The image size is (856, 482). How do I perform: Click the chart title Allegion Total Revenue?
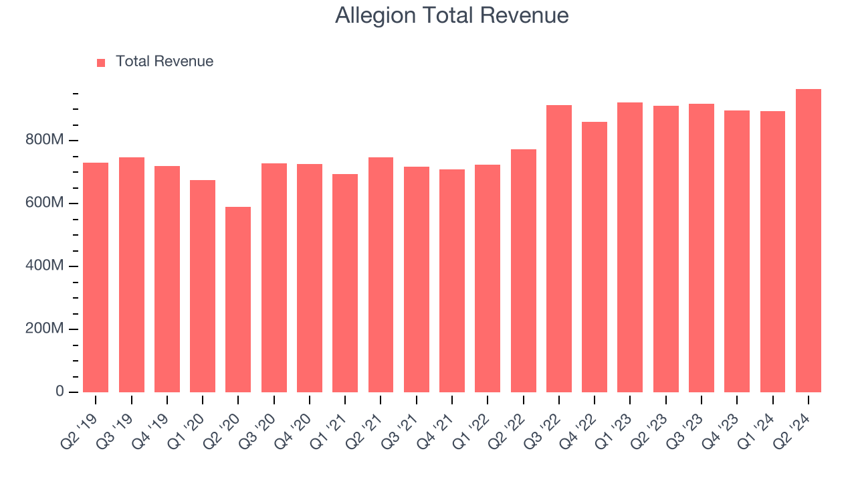pyautogui.click(x=451, y=15)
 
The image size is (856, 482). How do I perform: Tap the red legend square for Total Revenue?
pyautogui.click(x=101, y=62)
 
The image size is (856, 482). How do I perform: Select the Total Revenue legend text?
pyautogui.click(x=164, y=62)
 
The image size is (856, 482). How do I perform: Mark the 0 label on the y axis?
pyautogui.click(x=60, y=392)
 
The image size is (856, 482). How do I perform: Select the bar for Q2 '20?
pyautogui.click(x=238, y=299)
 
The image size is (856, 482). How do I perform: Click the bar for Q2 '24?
pyautogui.click(x=809, y=240)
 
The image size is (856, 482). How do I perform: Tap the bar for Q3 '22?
pyautogui.click(x=559, y=248)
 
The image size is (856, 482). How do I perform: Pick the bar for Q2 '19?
pyautogui.click(x=96, y=277)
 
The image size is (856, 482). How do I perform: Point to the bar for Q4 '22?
pyautogui.click(x=595, y=257)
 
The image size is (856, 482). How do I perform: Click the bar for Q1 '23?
pyautogui.click(x=630, y=247)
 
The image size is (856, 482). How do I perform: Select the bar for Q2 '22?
pyautogui.click(x=523, y=270)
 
